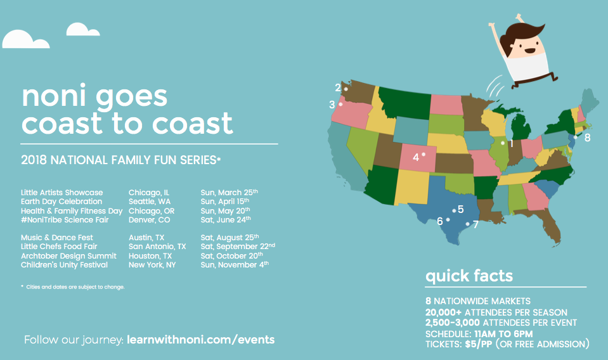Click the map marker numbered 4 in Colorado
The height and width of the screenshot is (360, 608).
[424, 154]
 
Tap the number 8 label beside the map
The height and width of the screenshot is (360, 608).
[588, 138]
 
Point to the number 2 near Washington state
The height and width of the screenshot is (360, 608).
[338, 87]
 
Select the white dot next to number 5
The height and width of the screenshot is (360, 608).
[454, 211]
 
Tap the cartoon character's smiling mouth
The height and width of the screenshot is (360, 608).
[529, 50]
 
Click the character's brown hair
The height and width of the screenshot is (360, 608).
[520, 35]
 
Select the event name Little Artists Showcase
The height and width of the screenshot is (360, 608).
[62, 193]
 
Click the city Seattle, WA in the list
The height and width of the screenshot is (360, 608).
[149, 202]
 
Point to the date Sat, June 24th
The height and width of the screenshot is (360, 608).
[226, 220]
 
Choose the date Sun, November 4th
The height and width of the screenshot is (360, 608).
[235, 265]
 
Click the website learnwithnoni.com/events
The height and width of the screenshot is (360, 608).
[201, 340]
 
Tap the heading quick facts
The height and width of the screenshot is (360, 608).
[469, 276]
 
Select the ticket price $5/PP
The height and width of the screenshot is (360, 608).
[479, 344]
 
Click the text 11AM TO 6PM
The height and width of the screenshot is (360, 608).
[503, 334]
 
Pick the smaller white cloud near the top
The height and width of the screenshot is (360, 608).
[83, 29]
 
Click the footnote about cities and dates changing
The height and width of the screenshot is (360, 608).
[73, 287]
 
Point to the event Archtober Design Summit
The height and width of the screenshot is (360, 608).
[68, 256]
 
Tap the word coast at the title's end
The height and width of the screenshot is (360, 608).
[192, 123]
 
